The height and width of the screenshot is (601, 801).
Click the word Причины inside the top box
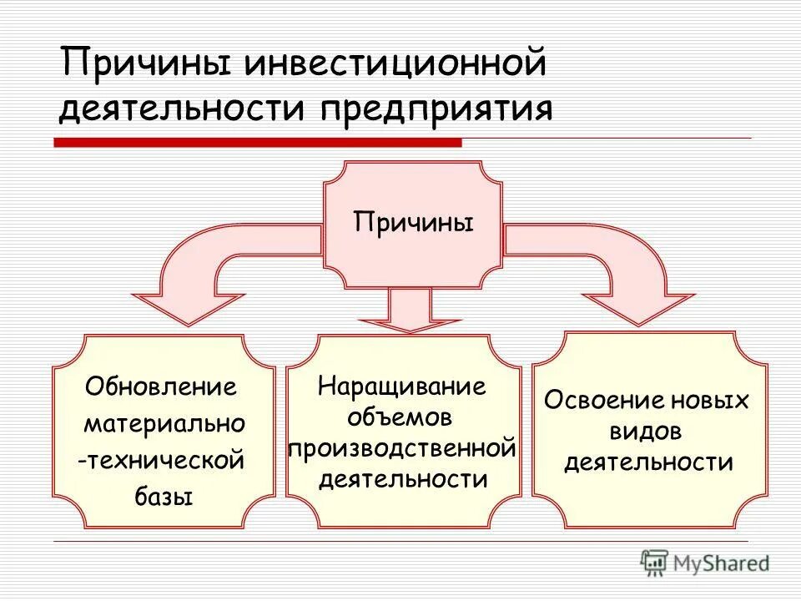[413, 223]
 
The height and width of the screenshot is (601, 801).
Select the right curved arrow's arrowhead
[638, 307]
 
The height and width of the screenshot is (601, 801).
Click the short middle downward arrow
[410, 313]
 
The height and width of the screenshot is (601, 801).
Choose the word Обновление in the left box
[161, 387]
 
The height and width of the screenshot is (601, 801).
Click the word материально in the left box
[164, 424]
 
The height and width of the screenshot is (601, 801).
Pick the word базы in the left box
[164, 497]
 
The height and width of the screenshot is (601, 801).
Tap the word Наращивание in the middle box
[402, 386]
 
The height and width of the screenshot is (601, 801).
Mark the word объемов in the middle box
[402, 417]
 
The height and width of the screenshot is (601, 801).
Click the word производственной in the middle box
[402, 449]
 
